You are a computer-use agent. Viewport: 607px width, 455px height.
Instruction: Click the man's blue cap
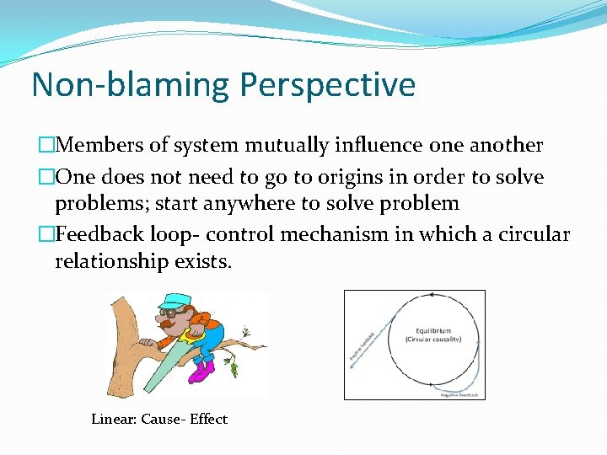[177, 301]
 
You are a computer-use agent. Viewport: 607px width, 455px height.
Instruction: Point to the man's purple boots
[202, 371]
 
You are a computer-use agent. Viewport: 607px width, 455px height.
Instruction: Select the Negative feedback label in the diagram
[459, 394]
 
